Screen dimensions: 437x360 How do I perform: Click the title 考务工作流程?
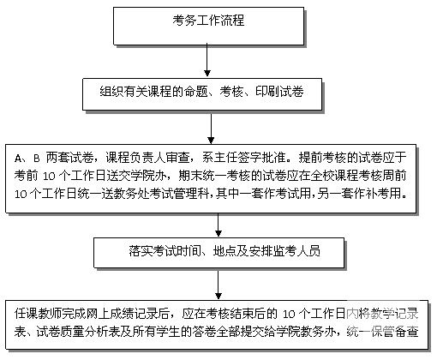click(x=208, y=21)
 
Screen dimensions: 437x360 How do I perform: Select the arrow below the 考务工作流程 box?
click(x=207, y=60)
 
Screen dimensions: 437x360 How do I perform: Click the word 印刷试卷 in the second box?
click(x=279, y=92)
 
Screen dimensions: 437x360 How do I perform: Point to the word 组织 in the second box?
click(x=111, y=92)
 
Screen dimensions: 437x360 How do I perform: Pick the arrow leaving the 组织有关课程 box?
click(x=211, y=128)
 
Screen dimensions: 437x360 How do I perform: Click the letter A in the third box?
click(x=18, y=159)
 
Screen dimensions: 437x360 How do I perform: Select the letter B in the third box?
click(x=36, y=159)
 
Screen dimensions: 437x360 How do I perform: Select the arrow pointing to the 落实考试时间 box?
click(x=218, y=225)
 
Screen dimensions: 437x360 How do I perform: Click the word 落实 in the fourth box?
click(x=141, y=251)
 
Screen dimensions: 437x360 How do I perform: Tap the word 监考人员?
click(x=297, y=251)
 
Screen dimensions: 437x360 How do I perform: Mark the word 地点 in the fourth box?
click(x=225, y=251)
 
